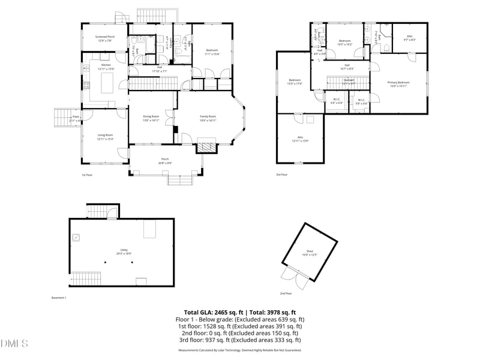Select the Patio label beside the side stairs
click(76, 119)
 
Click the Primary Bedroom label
click(398, 84)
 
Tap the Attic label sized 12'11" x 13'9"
click(300, 139)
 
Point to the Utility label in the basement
click(124, 251)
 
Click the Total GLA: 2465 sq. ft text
click(213, 313)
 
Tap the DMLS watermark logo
click(14, 344)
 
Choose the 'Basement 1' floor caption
click(58, 298)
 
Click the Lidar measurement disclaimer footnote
click(239, 350)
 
